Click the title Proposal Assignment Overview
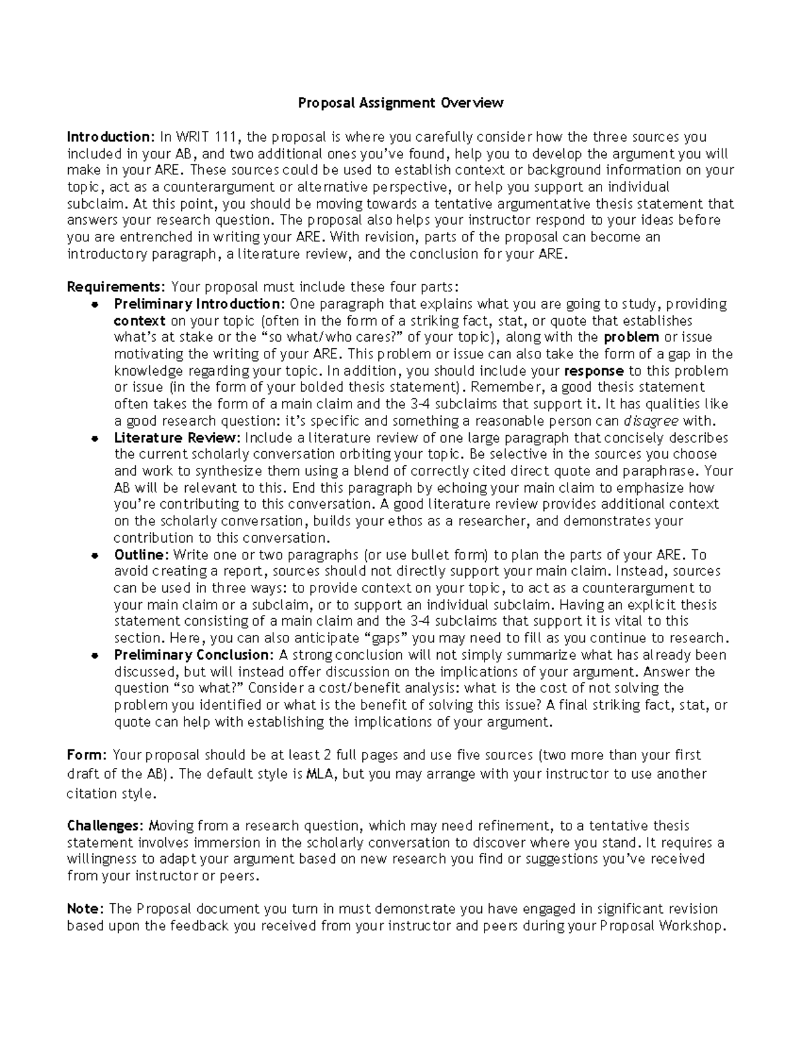pos(400,103)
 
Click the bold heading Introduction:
pos(110,137)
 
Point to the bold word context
pos(140,321)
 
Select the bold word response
pos(594,371)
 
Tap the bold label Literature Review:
pos(177,438)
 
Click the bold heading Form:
pos(87,756)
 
